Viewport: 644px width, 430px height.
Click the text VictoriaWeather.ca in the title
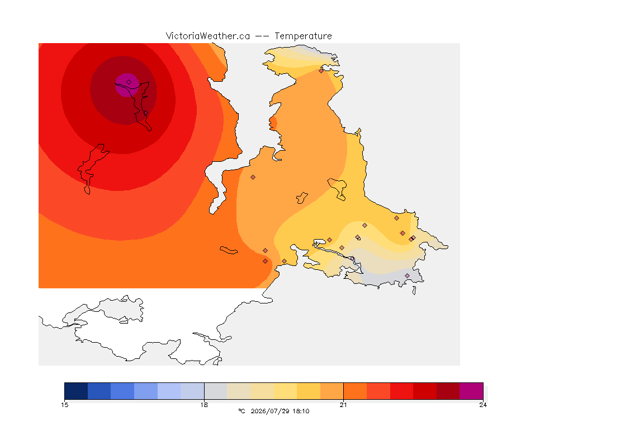pos(208,36)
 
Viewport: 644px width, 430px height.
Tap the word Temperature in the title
pos(303,36)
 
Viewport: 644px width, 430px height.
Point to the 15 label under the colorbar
pos(64,405)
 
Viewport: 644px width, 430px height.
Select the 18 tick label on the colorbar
pos(204,405)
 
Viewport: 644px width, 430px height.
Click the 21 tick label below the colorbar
pos(343,405)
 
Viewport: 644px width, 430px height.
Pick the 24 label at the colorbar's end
pos(483,405)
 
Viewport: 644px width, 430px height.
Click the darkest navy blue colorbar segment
pos(76,391)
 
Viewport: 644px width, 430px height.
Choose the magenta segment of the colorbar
pos(471,391)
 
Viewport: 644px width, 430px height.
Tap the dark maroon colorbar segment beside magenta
pos(448,391)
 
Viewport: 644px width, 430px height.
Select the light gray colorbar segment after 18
pos(216,391)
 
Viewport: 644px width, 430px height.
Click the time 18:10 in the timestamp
pos(301,411)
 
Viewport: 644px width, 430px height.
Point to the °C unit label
pos(241,411)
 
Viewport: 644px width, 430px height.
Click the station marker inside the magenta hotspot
pos(129,82)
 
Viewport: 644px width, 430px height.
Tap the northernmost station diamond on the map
pos(321,71)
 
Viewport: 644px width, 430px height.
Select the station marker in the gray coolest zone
pos(407,275)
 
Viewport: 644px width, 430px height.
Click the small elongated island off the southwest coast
pos(229,250)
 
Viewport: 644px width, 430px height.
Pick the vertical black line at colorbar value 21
pos(343,391)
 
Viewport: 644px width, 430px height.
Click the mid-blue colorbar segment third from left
pos(122,391)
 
